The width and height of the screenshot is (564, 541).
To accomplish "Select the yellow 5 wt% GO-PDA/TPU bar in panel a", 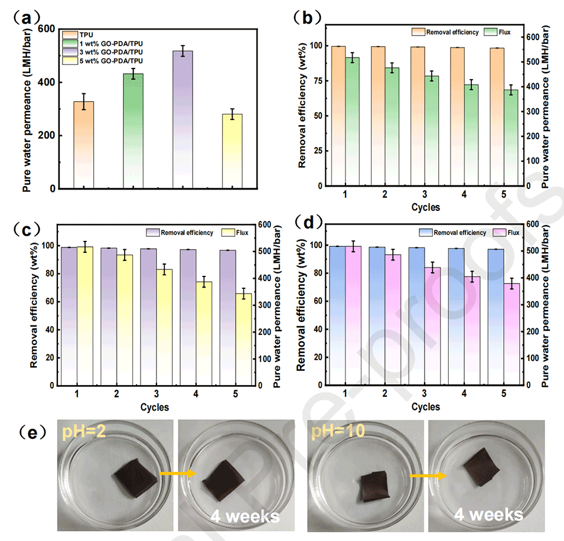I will pos(232,151).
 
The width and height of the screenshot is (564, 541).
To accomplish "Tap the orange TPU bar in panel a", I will pos(84,145).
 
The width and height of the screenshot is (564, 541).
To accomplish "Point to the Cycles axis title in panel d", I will pos(426,407).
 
